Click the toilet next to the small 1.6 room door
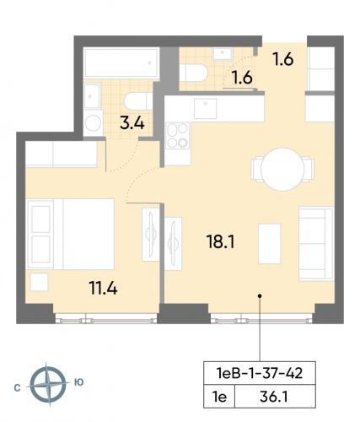click(x=193, y=75)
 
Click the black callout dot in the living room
click(x=260, y=296)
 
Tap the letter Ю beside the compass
click(x=79, y=383)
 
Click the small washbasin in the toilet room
click(x=224, y=54)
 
